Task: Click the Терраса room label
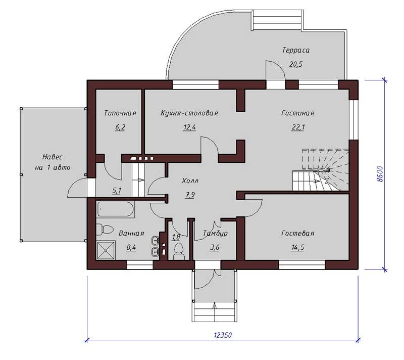[x=295, y=50]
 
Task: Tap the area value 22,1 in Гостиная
[x=297, y=127]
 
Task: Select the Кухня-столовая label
[x=189, y=113]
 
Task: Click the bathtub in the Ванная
[x=116, y=209]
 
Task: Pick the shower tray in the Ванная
[x=106, y=250]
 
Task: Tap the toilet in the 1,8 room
[x=179, y=251]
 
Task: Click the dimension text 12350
[x=223, y=335]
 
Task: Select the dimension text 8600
[x=380, y=174]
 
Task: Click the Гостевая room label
[x=298, y=233]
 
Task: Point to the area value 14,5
[x=298, y=247]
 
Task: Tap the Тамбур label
[x=215, y=233]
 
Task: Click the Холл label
[x=190, y=181]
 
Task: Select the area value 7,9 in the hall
[x=190, y=195]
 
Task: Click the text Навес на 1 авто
[x=53, y=162]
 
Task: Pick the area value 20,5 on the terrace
[x=295, y=64]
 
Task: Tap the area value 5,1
[x=117, y=191]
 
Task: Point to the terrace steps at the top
[x=277, y=20]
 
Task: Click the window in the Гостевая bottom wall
[x=302, y=265]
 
